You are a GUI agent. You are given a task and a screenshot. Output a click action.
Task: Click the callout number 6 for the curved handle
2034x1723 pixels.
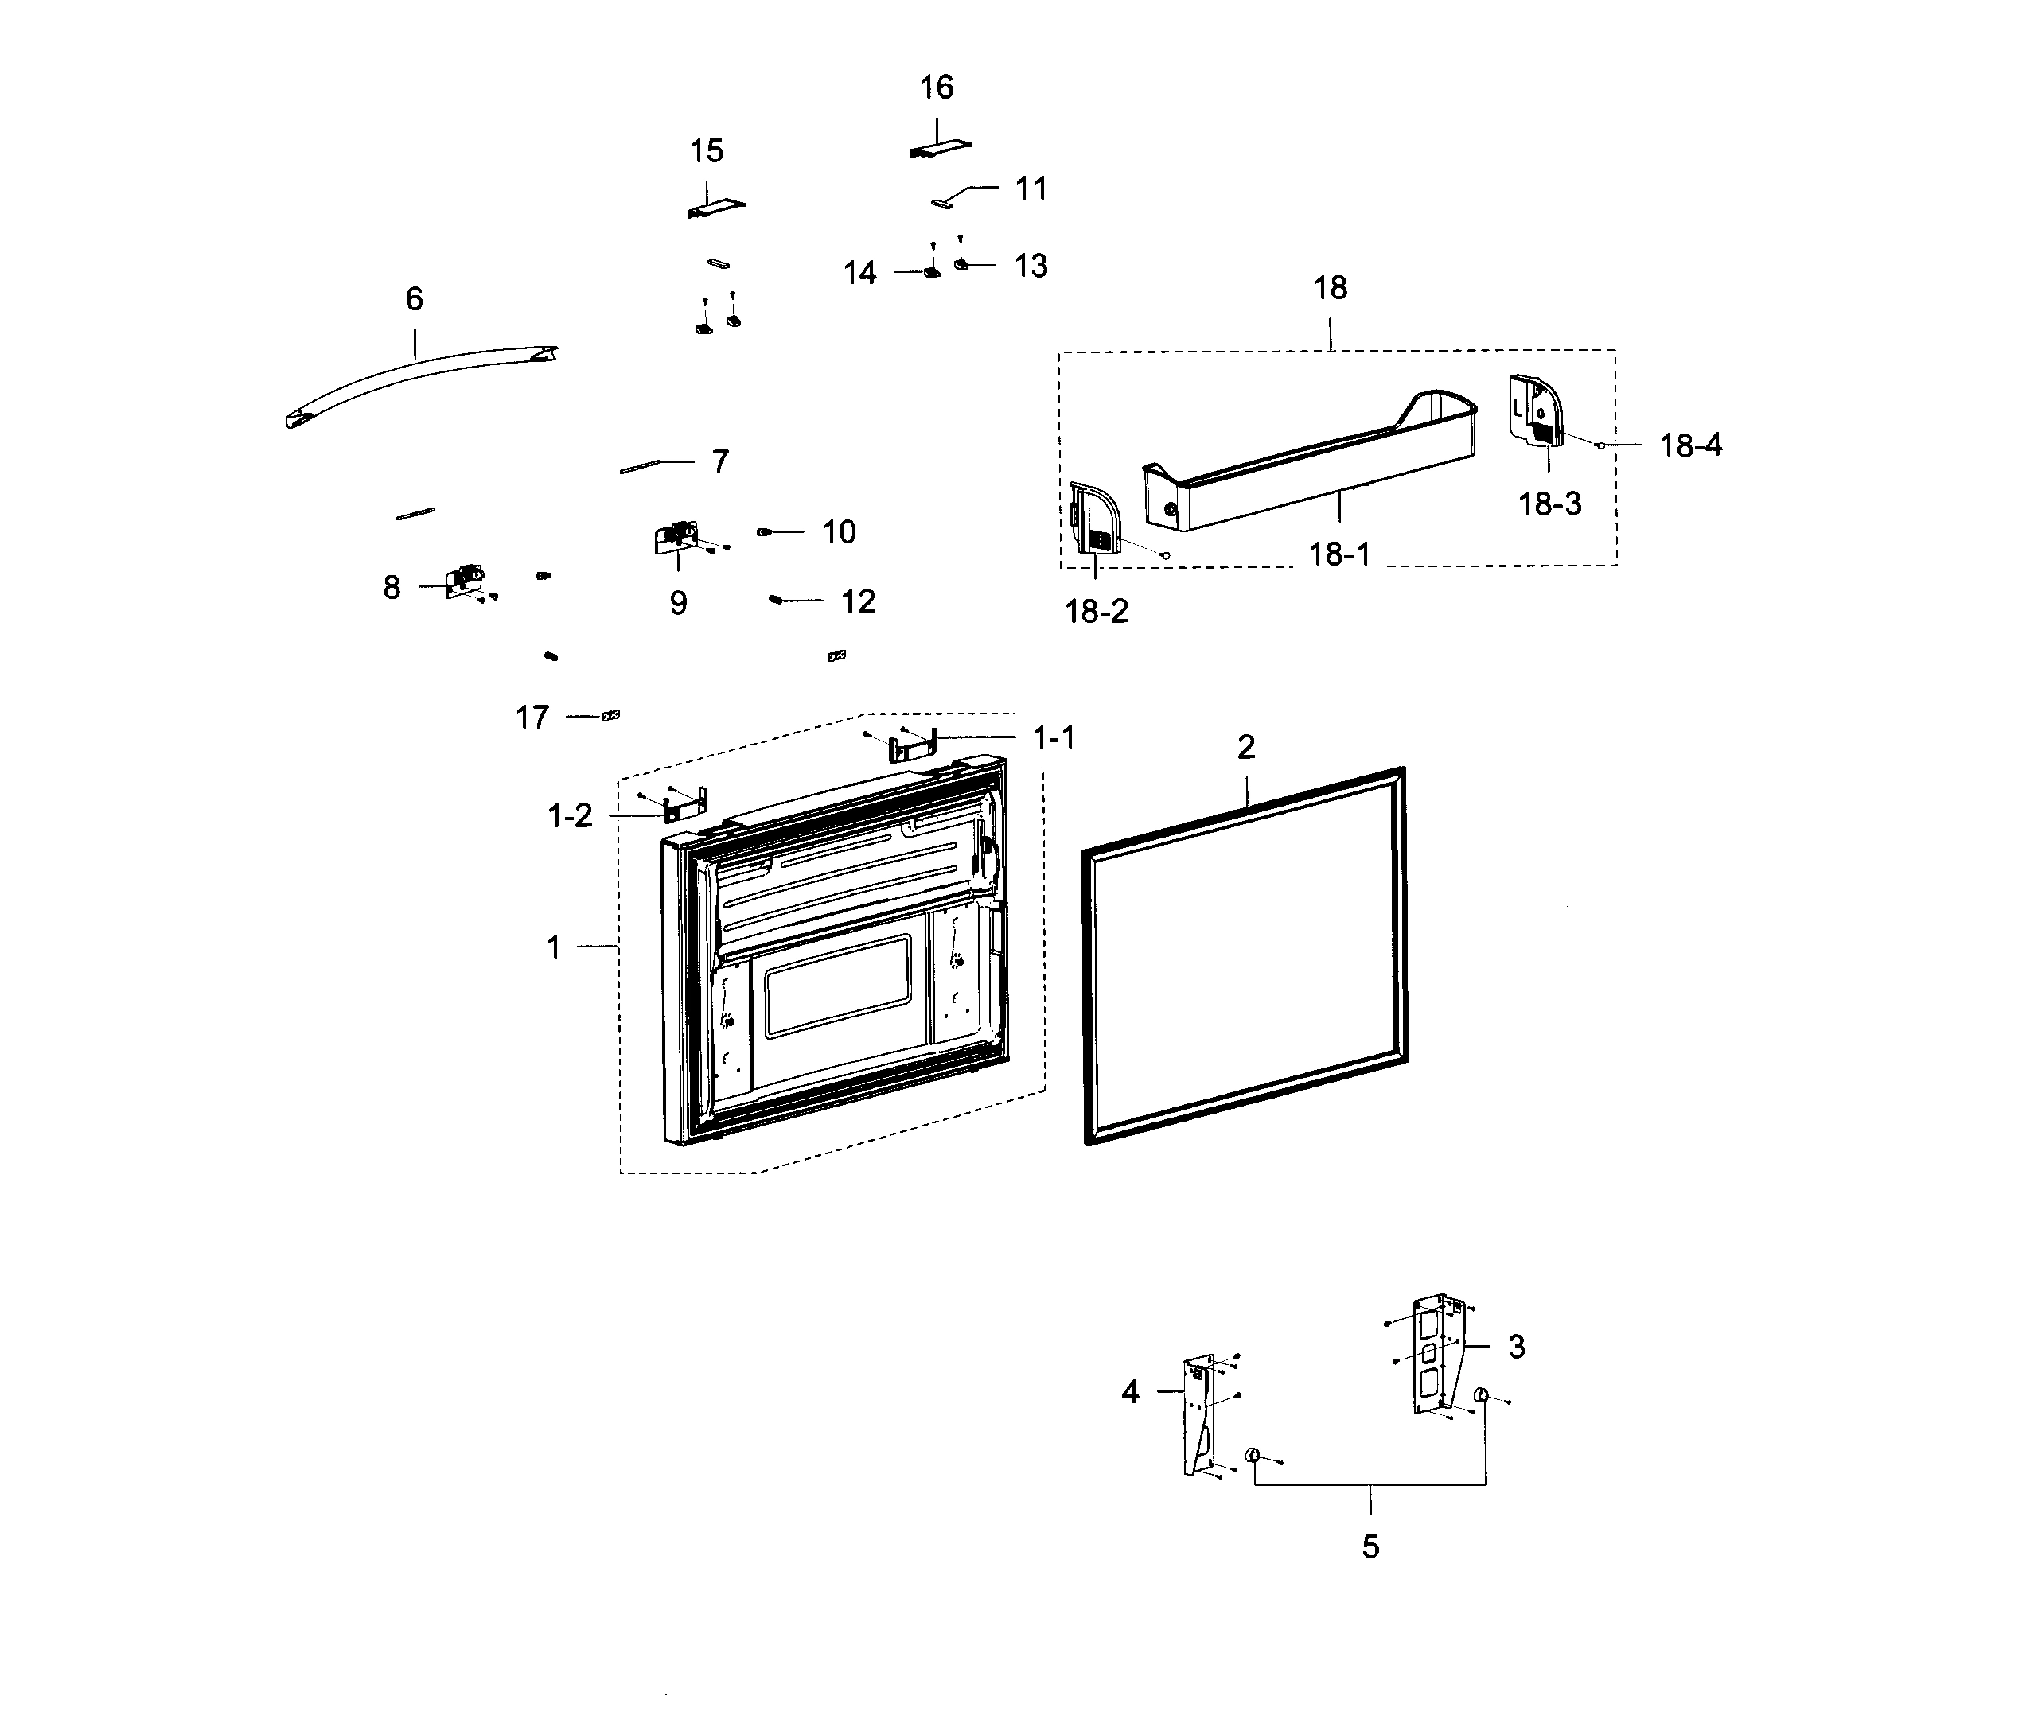tap(415, 299)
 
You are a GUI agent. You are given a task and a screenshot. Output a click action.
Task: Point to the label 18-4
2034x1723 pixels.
tap(1690, 445)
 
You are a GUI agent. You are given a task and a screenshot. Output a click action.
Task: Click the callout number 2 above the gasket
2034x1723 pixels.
tap(1245, 747)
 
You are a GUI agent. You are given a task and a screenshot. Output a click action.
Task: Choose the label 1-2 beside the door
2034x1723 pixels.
tap(570, 815)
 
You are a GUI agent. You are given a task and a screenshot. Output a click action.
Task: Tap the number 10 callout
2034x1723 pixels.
tap(838, 532)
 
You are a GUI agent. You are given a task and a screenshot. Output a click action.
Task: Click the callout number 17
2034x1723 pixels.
tap(532, 718)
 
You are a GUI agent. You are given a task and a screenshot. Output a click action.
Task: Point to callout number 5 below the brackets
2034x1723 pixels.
tap(1370, 1546)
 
